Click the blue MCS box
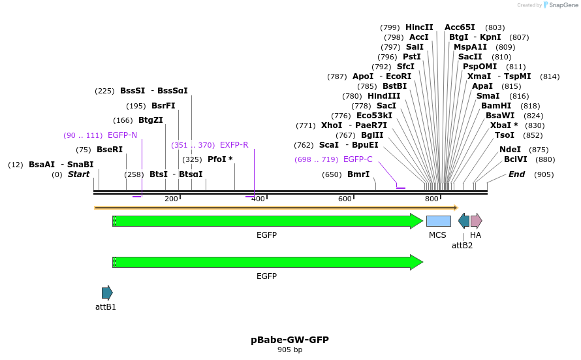(438, 221)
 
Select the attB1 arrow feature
(107, 292)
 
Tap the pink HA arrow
(476, 221)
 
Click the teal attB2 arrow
(463, 221)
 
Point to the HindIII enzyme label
(384, 96)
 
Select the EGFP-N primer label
(122, 135)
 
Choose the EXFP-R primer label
(234, 145)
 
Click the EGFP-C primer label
(358, 159)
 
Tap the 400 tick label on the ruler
(259, 199)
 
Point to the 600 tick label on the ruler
(345, 199)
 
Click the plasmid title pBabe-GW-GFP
(290, 340)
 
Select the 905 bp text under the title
(290, 350)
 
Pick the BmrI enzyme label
(358, 174)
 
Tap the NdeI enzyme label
(510, 150)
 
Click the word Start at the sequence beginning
(78, 174)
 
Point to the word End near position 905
(516, 174)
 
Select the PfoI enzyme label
(220, 159)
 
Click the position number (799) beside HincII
(390, 27)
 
